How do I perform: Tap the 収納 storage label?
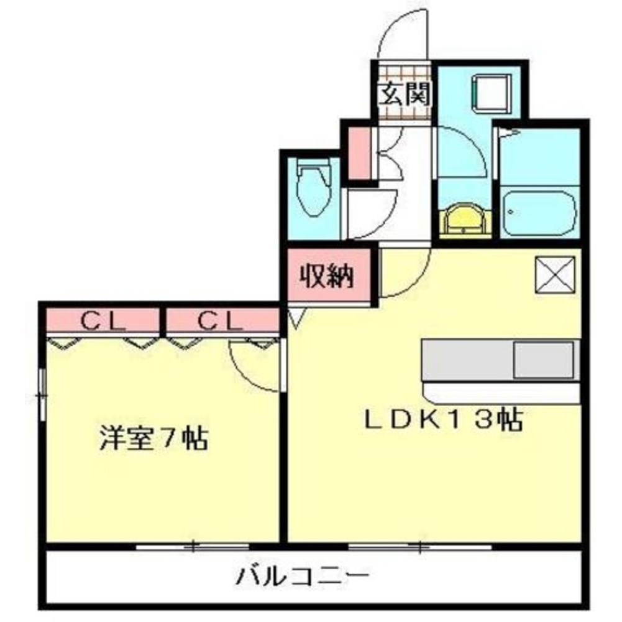(327, 276)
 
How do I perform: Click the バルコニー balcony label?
(303, 575)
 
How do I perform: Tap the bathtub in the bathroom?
(538, 212)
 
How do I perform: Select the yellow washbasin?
(465, 218)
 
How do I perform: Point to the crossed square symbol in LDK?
(555, 274)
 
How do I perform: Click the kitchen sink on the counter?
(544, 360)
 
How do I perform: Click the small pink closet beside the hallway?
(358, 152)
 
